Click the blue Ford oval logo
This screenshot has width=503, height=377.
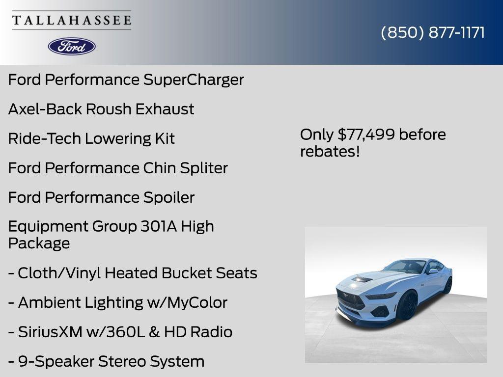(x=72, y=46)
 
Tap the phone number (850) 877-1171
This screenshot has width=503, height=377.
(x=433, y=32)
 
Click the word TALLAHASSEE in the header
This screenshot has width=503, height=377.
(x=72, y=20)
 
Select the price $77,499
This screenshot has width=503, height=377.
(x=367, y=135)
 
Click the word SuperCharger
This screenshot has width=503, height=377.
(x=194, y=80)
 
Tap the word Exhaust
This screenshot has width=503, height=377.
(x=165, y=109)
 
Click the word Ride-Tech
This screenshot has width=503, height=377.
(x=44, y=138)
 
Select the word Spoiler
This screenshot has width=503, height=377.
(x=169, y=197)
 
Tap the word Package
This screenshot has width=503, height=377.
(x=39, y=243)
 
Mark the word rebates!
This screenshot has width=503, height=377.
(x=330, y=151)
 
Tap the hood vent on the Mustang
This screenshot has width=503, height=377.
(x=363, y=279)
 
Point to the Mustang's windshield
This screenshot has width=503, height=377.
(x=405, y=266)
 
